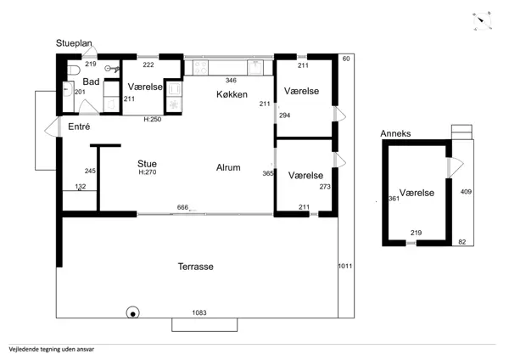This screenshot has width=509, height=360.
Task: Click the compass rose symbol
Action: [x=482, y=21]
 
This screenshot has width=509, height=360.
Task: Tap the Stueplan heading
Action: [x=74, y=43]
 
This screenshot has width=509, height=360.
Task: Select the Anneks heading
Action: [x=395, y=133]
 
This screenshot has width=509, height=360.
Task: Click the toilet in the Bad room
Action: [x=73, y=70]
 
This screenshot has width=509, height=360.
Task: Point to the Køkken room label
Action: [x=232, y=94]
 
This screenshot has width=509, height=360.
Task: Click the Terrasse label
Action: [x=196, y=267]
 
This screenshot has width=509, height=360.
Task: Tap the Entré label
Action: [x=79, y=127]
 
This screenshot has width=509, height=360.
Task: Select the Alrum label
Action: [x=228, y=167]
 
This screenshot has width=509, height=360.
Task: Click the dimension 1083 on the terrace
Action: [x=199, y=312]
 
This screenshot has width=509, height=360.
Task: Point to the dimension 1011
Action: [x=345, y=266]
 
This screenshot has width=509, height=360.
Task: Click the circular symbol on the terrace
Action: [x=133, y=313]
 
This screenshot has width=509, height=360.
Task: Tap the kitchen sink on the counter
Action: [x=255, y=68]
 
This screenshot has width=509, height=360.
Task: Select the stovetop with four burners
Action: [x=200, y=68]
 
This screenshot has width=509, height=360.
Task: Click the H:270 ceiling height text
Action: [x=148, y=172]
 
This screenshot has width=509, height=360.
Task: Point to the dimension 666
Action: [x=182, y=207]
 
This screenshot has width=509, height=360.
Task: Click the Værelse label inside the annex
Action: [x=417, y=193]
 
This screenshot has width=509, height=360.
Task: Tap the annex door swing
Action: [x=456, y=167]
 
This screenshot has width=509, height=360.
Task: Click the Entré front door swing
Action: [x=52, y=127]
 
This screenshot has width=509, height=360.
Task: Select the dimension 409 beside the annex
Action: [x=466, y=192]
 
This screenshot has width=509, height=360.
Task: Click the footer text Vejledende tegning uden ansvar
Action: [x=52, y=350]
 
